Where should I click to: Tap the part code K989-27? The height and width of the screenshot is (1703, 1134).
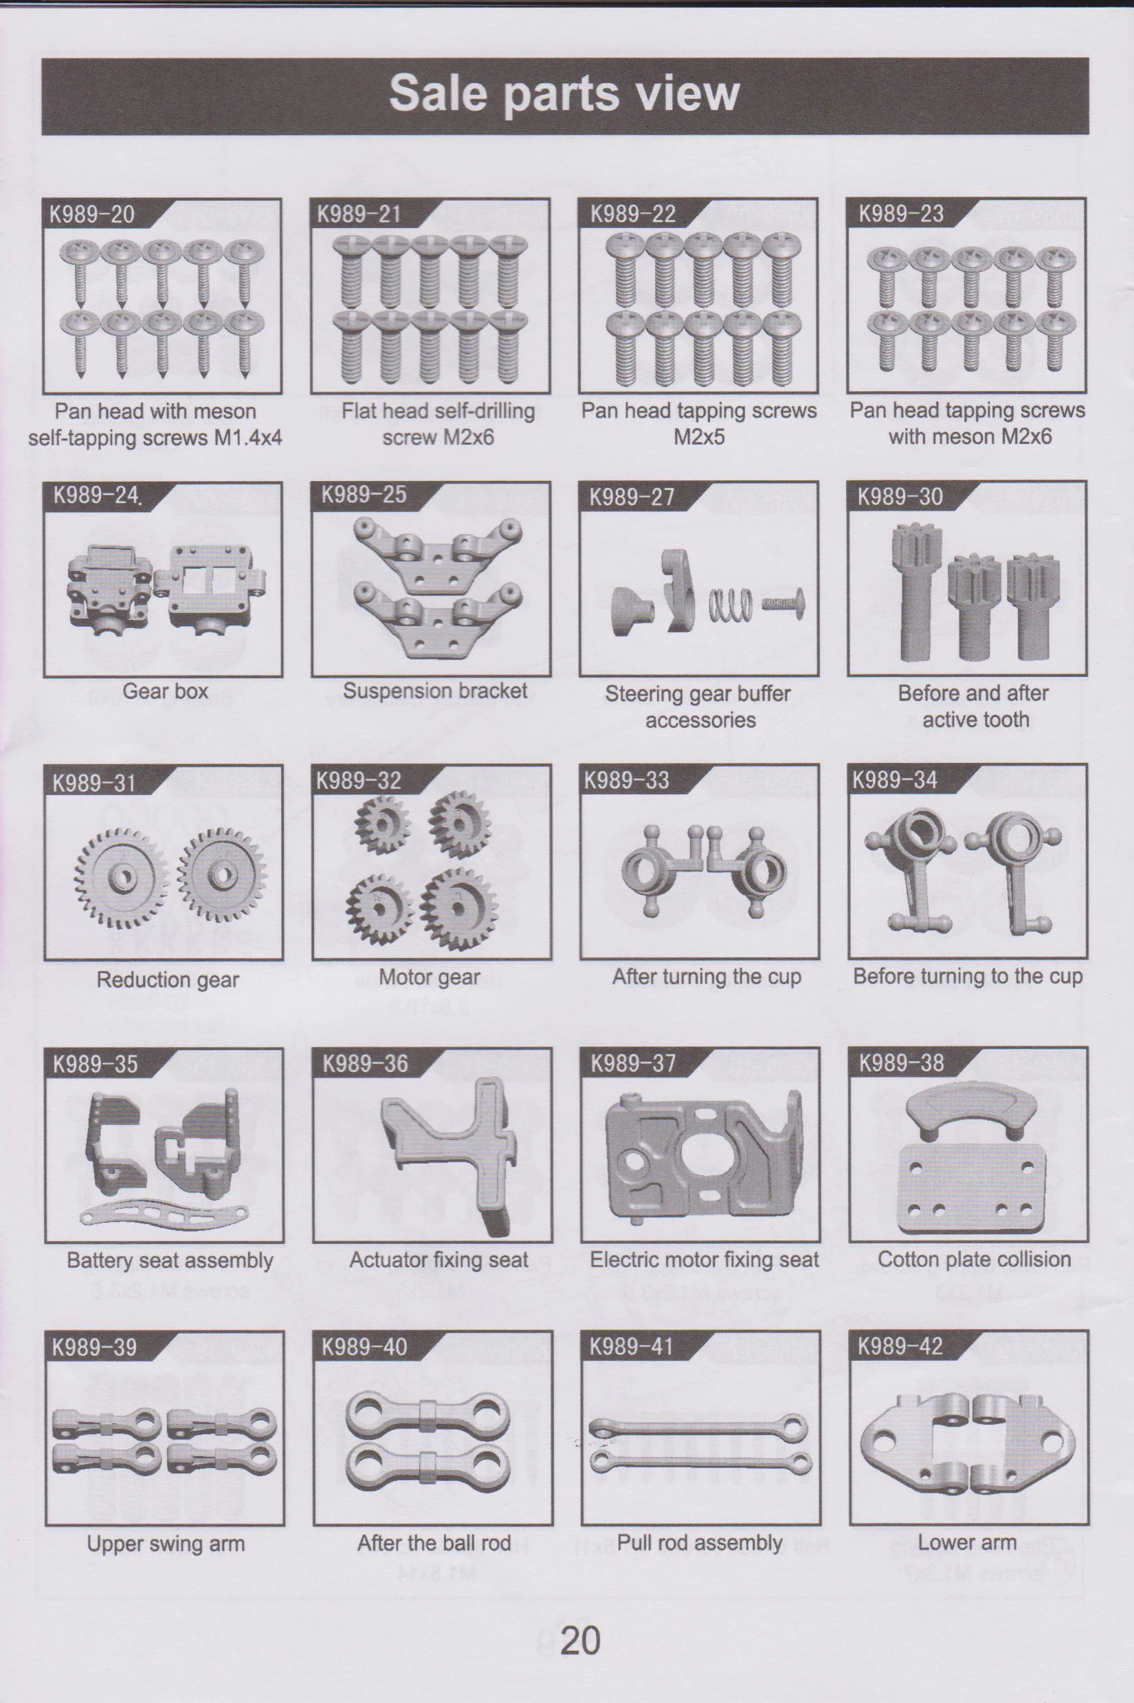tap(632, 497)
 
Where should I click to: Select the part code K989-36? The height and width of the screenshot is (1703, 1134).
tap(365, 1063)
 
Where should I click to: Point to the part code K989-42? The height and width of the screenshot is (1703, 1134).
tap(900, 1346)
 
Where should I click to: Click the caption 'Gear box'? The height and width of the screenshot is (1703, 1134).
tap(165, 691)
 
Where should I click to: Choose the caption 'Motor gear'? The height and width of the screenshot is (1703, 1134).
tap(430, 978)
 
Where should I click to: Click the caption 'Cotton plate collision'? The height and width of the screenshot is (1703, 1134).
tap(974, 1259)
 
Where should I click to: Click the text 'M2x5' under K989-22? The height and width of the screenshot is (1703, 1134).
tap(699, 437)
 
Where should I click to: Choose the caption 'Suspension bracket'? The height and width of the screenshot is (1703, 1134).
tap(434, 691)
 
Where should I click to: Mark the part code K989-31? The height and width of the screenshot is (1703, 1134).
tap(93, 783)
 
